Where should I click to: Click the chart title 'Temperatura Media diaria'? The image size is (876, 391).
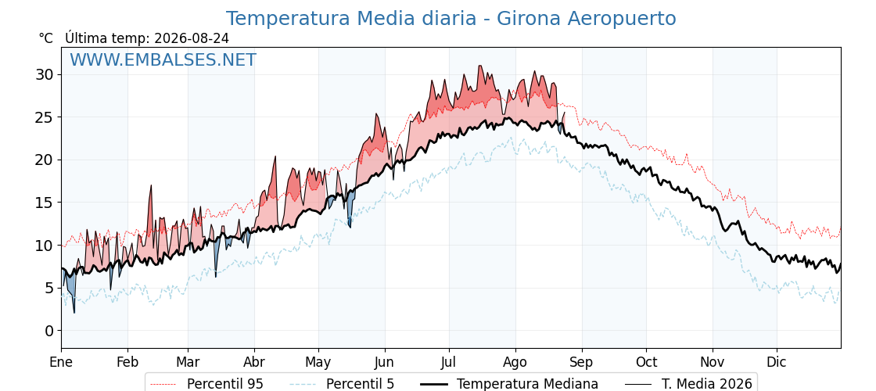351,19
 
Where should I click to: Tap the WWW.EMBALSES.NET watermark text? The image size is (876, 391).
163,59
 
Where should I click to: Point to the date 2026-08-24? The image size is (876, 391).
192,38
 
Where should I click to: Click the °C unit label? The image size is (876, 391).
46,38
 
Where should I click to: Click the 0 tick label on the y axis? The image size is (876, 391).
49,331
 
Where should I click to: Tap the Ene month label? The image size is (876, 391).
61,362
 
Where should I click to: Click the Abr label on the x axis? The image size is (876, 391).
254,362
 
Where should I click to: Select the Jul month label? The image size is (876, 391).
449,362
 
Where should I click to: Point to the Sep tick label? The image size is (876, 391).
582,363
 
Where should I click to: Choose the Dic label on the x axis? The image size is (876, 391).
777,362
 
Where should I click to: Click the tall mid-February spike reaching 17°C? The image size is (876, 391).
150,185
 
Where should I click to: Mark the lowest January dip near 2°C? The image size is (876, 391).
74,312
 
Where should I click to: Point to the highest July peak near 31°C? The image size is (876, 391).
479,66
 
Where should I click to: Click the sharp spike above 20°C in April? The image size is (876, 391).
275,157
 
